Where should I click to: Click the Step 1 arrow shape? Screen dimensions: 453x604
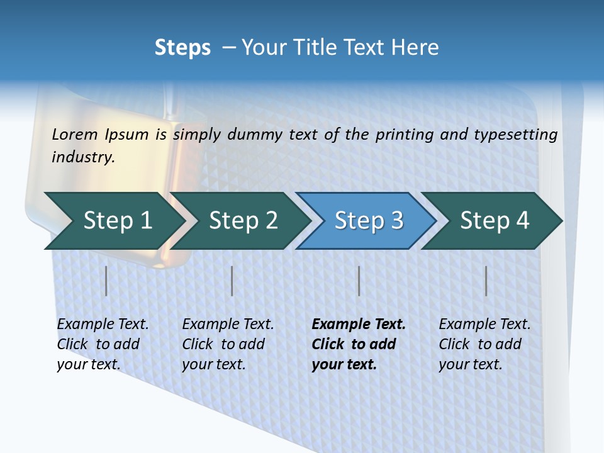pyautogui.click(x=116, y=221)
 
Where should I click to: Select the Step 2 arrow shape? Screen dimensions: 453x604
pyautogui.click(x=242, y=221)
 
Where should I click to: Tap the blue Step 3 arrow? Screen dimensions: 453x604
pyautogui.click(x=368, y=221)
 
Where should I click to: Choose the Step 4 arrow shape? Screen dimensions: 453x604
pyautogui.click(x=494, y=221)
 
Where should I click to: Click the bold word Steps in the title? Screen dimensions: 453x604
pyautogui.click(x=182, y=48)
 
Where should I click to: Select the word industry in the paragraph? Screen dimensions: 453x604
pyautogui.click(x=82, y=157)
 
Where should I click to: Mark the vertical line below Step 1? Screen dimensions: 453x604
pyautogui.click(x=106, y=281)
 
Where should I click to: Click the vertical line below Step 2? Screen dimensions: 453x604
pyautogui.click(x=232, y=281)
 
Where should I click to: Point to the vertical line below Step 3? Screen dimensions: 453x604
pyautogui.click(x=359, y=281)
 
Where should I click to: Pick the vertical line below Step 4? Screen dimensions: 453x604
pyautogui.click(x=486, y=281)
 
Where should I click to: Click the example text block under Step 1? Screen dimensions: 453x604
pyautogui.click(x=103, y=344)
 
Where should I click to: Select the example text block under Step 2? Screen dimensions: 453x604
pyautogui.click(x=228, y=344)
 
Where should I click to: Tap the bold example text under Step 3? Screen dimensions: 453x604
pyautogui.click(x=358, y=344)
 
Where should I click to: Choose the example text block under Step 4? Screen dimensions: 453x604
pyautogui.click(x=484, y=344)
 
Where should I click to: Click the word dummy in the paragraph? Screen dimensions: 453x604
pyautogui.click(x=255, y=135)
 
